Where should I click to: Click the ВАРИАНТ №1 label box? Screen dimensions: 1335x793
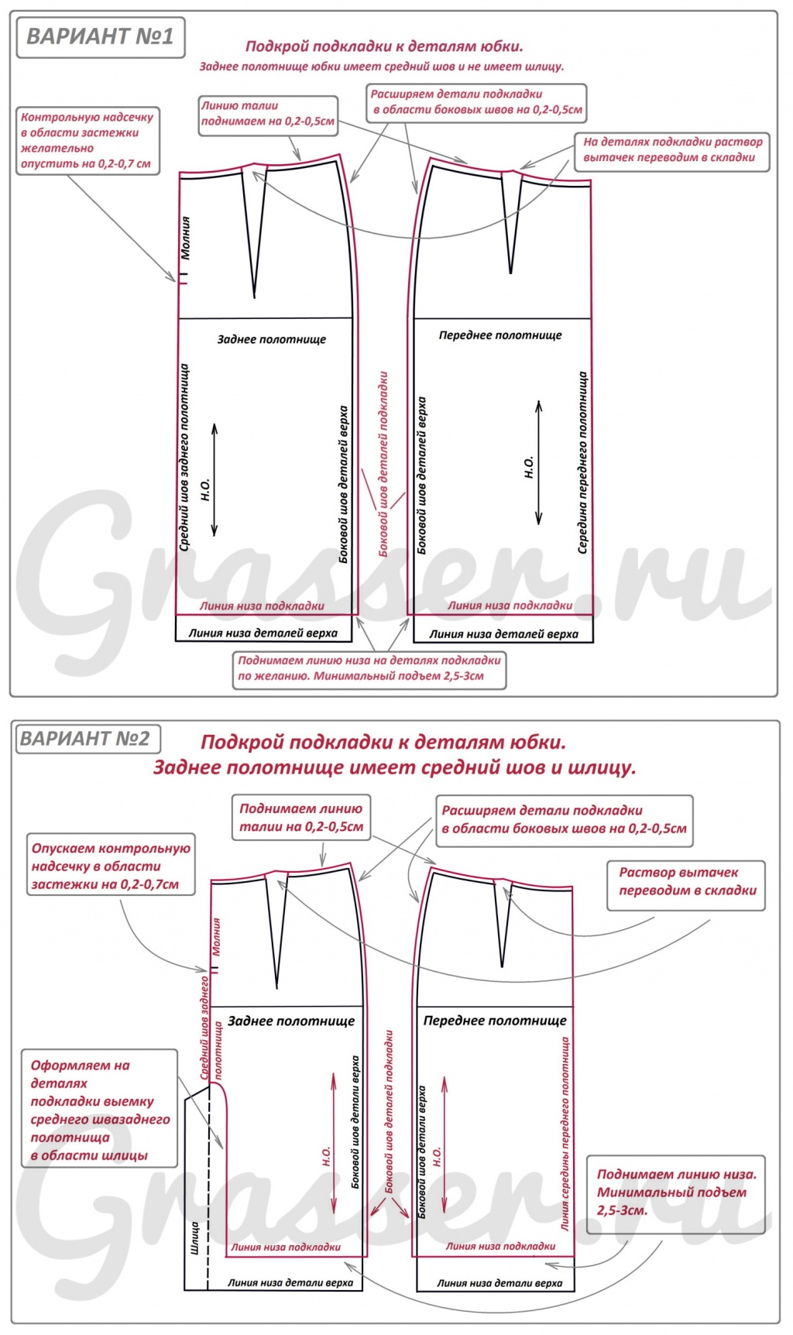(101, 37)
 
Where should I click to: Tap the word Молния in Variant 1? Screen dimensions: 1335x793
(185, 237)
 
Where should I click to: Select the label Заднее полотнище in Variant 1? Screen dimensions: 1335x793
(271, 339)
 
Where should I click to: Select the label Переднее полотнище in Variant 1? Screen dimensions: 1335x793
(500, 335)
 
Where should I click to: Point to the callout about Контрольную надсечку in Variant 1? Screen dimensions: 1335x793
(88, 140)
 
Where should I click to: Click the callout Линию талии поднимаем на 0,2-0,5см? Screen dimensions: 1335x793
(268, 114)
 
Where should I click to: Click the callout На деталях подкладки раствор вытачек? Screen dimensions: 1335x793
(671, 149)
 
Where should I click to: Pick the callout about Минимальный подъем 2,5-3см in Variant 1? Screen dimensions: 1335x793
(369, 668)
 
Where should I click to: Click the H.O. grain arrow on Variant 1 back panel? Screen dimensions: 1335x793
(215, 480)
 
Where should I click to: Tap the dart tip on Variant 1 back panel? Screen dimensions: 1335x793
(254, 297)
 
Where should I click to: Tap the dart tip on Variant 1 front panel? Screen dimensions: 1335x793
(510, 273)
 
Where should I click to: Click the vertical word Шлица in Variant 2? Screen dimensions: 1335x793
(194, 1237)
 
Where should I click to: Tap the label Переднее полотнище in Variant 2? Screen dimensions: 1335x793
(495, 1021)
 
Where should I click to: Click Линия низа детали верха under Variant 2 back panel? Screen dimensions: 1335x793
(290, 1282)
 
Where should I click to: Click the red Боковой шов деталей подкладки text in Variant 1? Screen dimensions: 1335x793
(383, 464)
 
